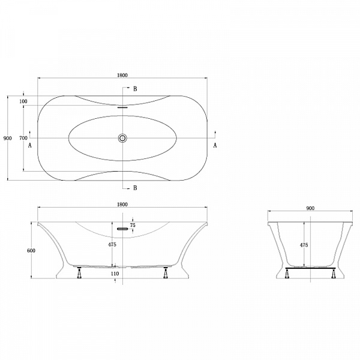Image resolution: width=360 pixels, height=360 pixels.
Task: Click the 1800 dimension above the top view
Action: (122, 75)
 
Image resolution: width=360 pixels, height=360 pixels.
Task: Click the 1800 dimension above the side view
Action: (122, 205)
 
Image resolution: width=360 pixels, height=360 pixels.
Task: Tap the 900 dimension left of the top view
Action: (7, 138)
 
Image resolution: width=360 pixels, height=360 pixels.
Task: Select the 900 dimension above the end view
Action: (310, 208)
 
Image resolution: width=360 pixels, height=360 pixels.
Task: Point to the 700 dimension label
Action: (23, 138)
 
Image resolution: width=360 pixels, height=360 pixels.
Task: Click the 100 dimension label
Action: (23, 101)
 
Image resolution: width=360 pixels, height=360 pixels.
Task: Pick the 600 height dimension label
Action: (31, 250)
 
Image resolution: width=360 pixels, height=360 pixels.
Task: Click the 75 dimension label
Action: (133, 225)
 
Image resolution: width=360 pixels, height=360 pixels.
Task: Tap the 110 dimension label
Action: (115, 274)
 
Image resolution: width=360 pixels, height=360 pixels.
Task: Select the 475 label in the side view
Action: (112, 245)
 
